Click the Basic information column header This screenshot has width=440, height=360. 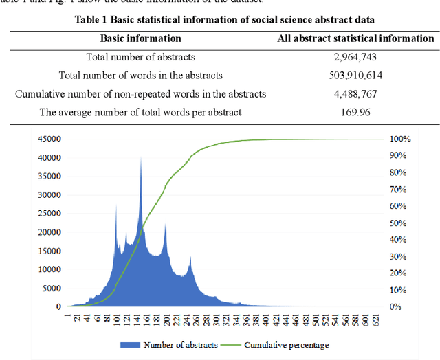click(141, 38)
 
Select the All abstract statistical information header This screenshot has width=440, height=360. click(355, 38)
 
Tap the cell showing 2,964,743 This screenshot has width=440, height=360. click(355, 57)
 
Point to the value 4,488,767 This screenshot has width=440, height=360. click(355, 93)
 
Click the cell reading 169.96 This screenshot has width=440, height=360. click(355, 111)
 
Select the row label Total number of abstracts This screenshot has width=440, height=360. click(141, 57)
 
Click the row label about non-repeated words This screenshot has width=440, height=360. click(141, 93)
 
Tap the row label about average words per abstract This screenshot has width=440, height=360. click(141, 111)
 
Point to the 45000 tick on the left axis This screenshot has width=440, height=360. click(49, 139)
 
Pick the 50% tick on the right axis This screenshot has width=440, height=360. click(399, 223)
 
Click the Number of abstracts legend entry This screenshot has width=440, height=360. click(175, 344)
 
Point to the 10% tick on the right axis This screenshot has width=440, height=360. click(399, 290)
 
